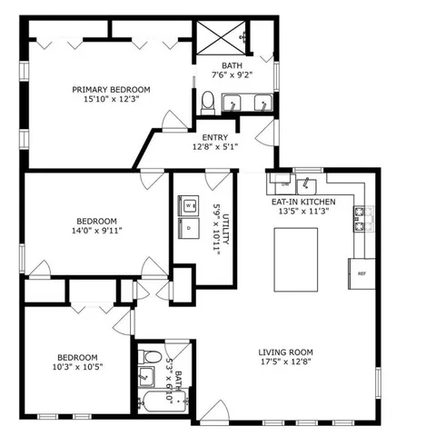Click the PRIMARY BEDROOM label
112,89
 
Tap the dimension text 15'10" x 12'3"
112,101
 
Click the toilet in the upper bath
207,106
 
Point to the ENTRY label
214,137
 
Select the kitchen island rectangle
295,259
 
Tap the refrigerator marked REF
361,272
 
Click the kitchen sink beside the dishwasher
305,178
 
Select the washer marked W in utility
189,206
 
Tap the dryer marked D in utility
189,229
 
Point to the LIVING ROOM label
286,352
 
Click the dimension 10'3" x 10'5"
77,369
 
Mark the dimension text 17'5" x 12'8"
286,364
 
